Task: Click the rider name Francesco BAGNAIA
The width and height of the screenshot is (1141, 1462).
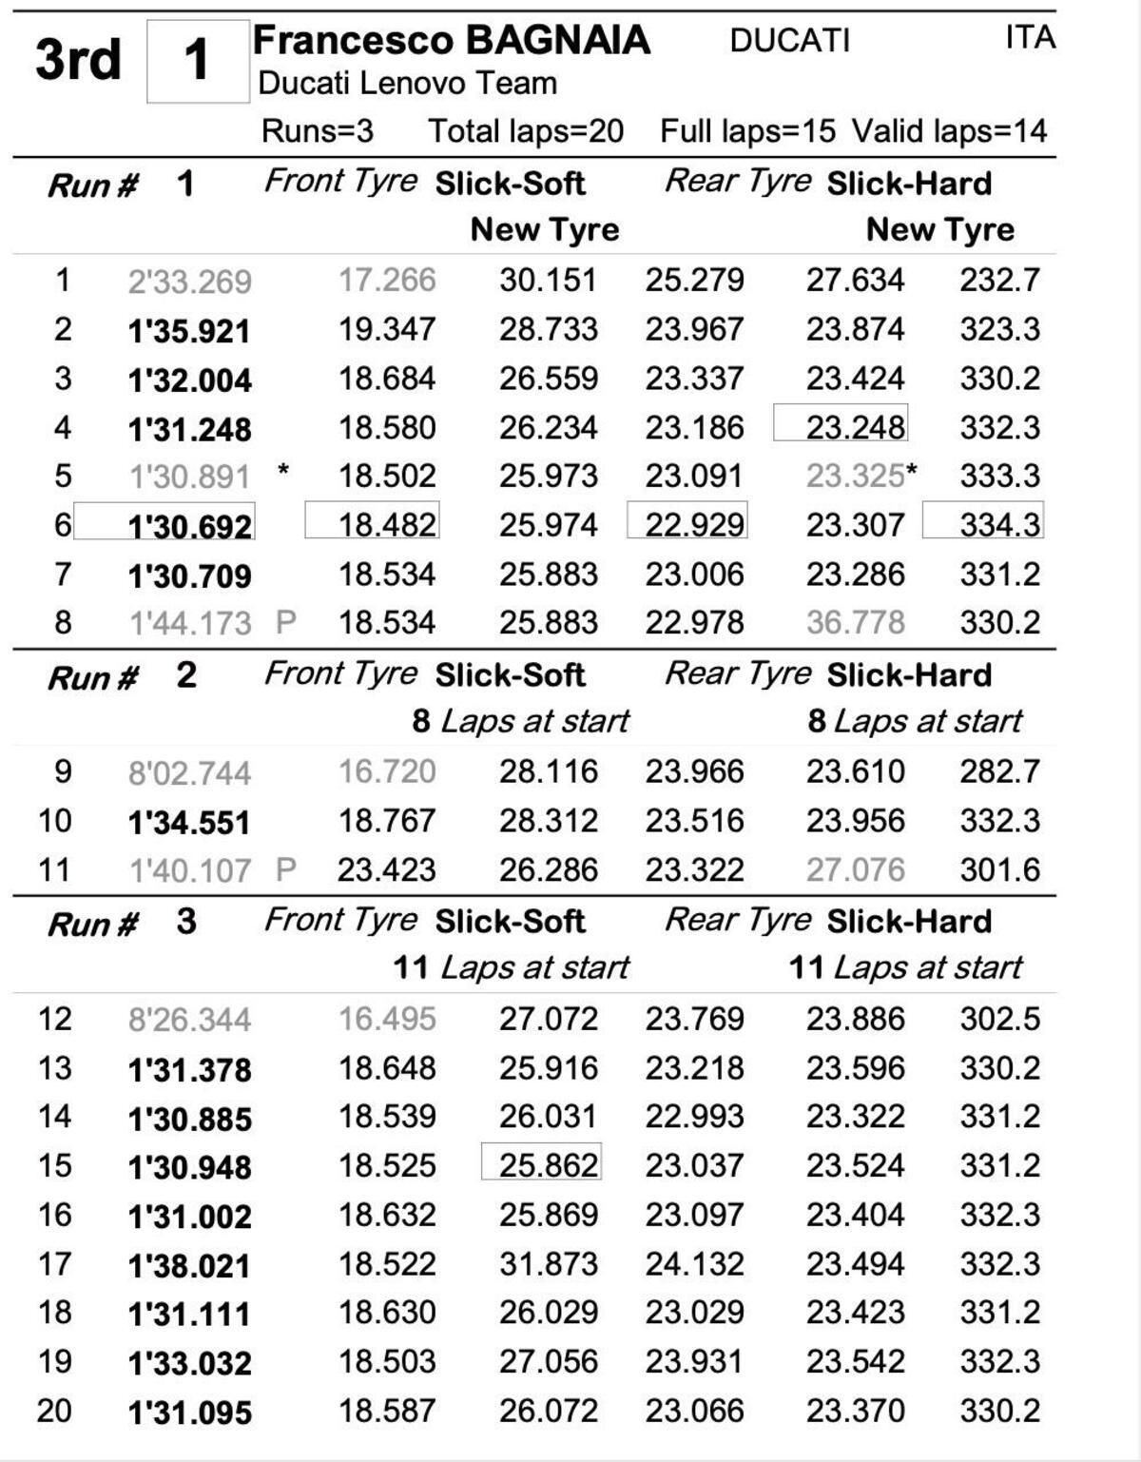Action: tap(451, 41)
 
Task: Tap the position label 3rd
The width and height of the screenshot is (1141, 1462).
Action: tap(78, 60)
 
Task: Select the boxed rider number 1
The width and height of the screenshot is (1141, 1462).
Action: tap(197, 61)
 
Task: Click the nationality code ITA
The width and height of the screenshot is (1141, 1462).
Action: tap(1030, 38)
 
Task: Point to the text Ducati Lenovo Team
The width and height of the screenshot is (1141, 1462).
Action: tap(407, 84)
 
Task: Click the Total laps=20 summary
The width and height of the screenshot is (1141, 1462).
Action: tap(526, 131)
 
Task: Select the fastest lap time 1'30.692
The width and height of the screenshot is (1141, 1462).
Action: tap(190, 525)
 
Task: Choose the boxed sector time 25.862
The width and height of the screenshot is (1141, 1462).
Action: tap(549, 1165)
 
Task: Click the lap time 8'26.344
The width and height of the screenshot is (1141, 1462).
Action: tap(190, 1020)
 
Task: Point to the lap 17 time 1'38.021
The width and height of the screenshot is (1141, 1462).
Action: tap(190, 1265)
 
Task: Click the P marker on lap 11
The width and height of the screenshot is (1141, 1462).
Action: tap(285, 869)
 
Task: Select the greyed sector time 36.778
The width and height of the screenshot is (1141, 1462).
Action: tap(855, 623)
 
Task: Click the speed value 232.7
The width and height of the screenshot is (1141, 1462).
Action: tap(999, 280)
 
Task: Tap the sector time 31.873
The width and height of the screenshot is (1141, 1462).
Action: tap(549, 1264)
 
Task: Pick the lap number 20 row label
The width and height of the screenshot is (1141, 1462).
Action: tap(54, 1411)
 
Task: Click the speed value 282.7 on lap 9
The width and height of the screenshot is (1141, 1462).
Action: tap(999, 771)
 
